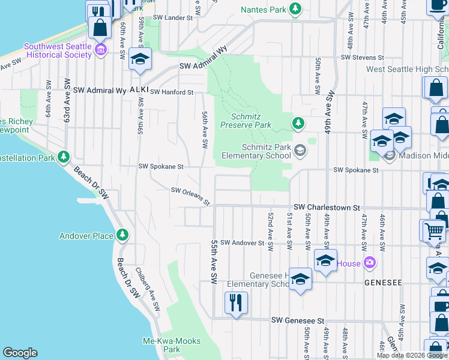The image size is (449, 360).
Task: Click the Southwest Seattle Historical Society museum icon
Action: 101,49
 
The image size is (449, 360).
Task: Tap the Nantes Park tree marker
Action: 295,9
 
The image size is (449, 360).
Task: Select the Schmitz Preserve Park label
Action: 246,121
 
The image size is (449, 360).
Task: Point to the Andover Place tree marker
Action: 122,234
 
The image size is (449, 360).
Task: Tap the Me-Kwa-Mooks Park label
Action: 162,345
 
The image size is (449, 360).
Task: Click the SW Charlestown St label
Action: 326,207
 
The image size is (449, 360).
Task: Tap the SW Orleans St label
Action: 190,196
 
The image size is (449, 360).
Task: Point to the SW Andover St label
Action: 242,243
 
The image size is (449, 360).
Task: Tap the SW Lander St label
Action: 172,18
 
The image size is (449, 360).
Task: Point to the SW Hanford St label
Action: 172,92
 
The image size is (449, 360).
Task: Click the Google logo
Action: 20,353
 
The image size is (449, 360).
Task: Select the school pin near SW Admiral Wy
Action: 140,59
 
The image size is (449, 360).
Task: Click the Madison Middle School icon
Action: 389,157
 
